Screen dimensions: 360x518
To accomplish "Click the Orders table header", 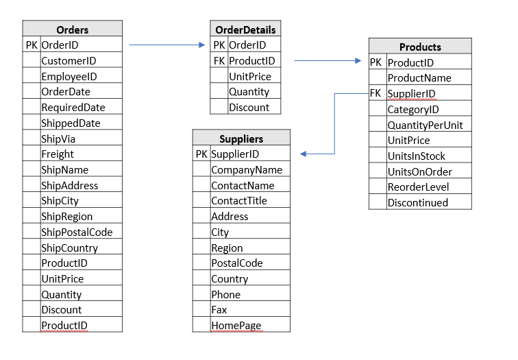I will pyautogui.click(x=72, y=29).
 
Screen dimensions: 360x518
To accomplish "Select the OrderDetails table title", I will pyautogui.click(x=245, y=29).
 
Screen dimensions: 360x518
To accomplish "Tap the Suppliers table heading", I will pyautogui.click(x=241, y=139).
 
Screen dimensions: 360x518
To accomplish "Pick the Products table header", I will pyautogui.click(x=420, y=47).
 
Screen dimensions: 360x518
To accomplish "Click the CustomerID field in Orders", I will pyautogui.click(x=69, y=61).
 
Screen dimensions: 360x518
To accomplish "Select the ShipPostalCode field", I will pyautogui.click(x=77, y=232).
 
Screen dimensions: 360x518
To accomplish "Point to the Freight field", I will pyautogui.click(x=58, y=154).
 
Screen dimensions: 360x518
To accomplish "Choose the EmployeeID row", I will pyautogui.click(x=69, y=77).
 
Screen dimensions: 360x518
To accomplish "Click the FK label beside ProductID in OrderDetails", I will pyautogui.click(x=219, y=61).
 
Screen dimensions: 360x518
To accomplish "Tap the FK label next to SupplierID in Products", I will pyautogui.click(x=375, y=93).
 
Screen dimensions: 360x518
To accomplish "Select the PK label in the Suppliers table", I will pyautogui.click(x=201, y=154).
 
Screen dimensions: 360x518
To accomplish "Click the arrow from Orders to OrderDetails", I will pyautogui.click(x=167, y=45).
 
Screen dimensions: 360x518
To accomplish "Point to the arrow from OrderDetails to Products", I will pyautogui.click(x=328, y=61).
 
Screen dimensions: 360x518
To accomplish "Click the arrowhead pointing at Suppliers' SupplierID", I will pyautogui.click(x=304, y=154).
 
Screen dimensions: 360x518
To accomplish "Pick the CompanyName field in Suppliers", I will pyautogui.click(x=247, y=169).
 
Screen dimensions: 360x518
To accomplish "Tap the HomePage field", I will pyautogui.click(x=236, y=326).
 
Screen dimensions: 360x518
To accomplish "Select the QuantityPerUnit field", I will pyautogui.click(x=425, y=125).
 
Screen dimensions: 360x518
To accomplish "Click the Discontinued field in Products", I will pyautogui.click(x=418, y=202).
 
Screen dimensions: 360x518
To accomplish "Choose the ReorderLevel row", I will pyautogui.click(x=418, y=187).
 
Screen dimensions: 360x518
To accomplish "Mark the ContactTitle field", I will pyautogui.click(x=239, y=201).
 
